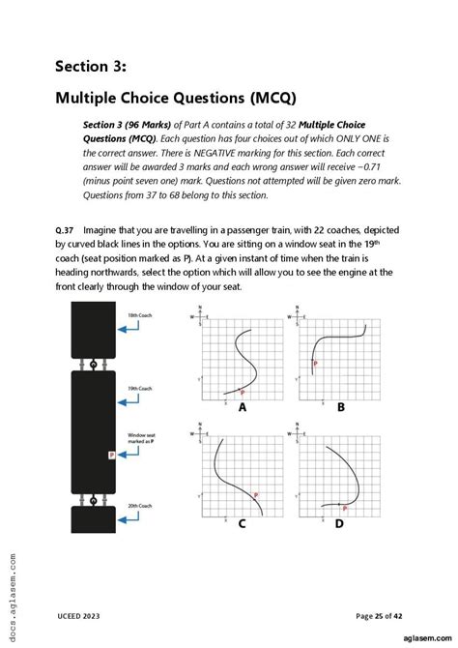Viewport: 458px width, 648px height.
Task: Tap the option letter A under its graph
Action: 243,408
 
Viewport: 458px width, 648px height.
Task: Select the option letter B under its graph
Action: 340,408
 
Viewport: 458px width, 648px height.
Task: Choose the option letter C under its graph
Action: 242,525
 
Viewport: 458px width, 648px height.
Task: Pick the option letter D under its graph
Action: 339,525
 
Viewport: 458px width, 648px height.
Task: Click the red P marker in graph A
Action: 242,394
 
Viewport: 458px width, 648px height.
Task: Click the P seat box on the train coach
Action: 112,453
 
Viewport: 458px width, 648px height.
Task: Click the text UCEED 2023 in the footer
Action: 77,615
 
